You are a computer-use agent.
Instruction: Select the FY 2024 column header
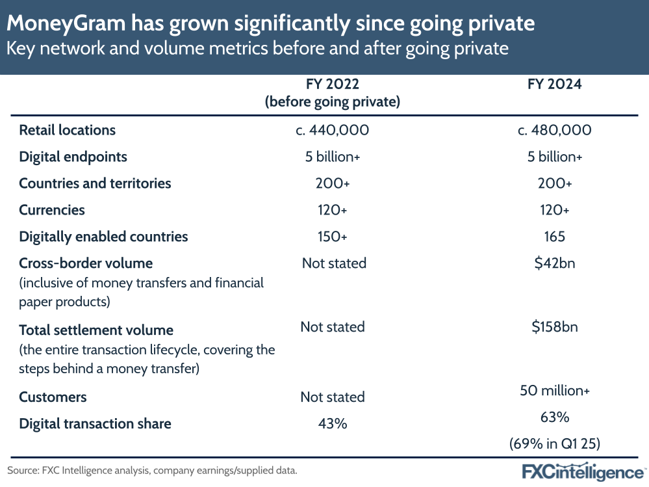[554, 85]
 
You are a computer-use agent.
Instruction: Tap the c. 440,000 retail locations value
[332, 130]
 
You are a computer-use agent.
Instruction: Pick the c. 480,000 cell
[554, 130]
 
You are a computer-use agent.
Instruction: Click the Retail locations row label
[68, 130]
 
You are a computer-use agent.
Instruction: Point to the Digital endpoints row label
[73, 157]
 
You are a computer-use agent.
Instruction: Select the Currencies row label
[52, 210]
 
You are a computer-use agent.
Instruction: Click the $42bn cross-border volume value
[554, 263]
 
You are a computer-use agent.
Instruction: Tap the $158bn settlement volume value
[554, 326]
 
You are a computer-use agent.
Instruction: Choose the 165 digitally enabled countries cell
[554, 237]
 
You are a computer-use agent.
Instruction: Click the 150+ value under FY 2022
[332, 237]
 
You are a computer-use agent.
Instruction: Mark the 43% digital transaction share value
[332, 424]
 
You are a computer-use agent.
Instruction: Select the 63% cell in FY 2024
[554, 417]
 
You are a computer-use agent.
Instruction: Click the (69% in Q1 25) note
[554, 444]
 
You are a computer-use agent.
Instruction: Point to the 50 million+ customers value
[554, 391]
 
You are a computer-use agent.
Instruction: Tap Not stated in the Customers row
[332, 397]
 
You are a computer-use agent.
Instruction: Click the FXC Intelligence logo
[584, 471]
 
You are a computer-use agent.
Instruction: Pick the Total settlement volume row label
[96, 330]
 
